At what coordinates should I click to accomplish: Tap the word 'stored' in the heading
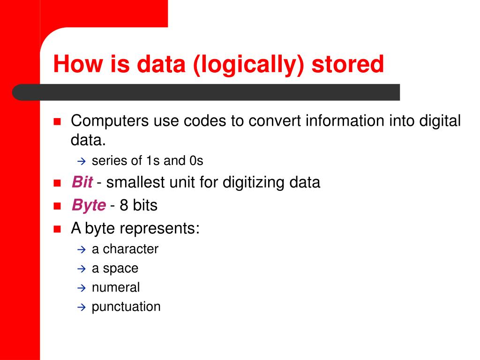(348, 65)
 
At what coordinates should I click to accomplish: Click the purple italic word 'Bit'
(82, 182)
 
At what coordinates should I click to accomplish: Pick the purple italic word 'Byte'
(88, 205)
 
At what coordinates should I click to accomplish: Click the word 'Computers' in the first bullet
(110, 121)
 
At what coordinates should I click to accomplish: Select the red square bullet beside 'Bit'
(58, 183)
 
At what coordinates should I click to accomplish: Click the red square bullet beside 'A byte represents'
(58, 229)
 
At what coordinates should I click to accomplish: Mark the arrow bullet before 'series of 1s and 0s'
(80, 161)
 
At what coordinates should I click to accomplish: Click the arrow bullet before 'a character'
(80, 249)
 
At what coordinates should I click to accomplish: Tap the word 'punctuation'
(126, 307)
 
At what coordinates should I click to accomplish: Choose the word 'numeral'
(116, 287)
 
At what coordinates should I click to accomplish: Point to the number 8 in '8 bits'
(124, 205)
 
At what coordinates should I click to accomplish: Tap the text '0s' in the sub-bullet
(196, 161)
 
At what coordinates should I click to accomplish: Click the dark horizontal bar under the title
(206, 92)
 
